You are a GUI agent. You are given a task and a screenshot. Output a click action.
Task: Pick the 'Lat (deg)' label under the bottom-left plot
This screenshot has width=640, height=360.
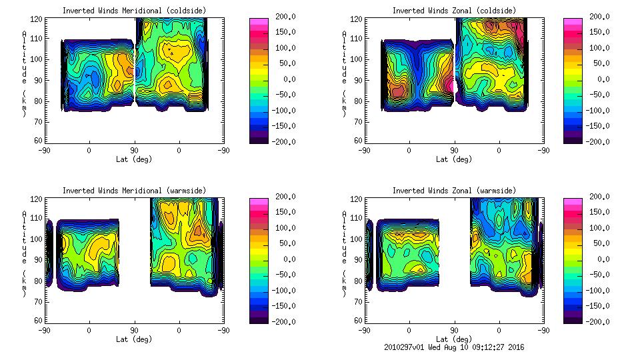point(134,339)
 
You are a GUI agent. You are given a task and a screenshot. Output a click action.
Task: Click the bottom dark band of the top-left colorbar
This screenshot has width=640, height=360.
point(259,139)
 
